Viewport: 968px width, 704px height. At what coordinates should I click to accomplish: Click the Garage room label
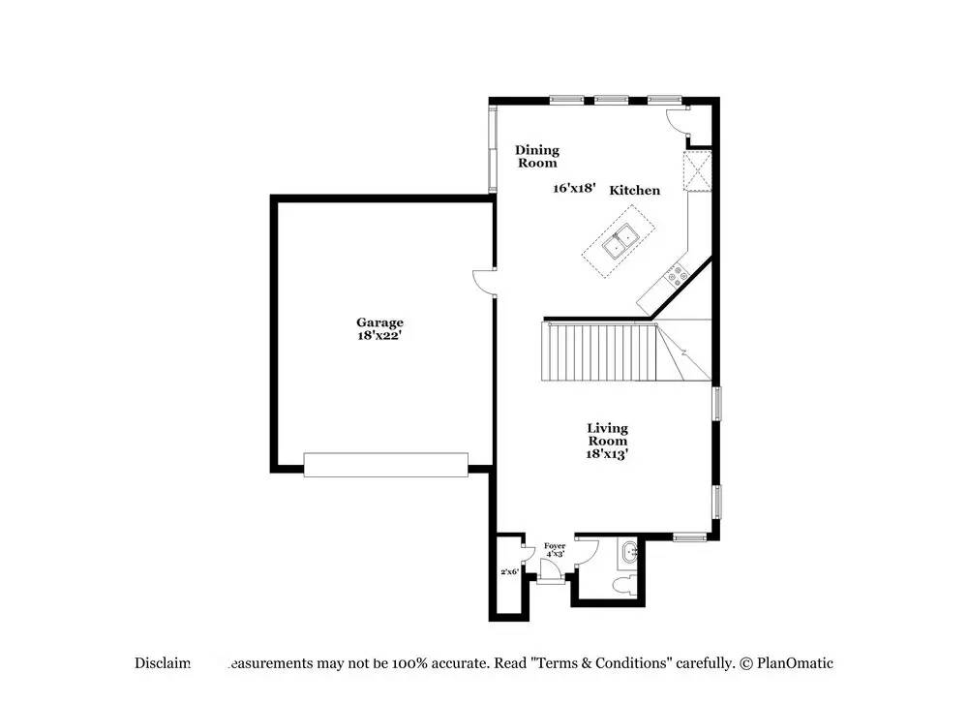379,322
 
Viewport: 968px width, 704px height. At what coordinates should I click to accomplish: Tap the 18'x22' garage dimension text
379,335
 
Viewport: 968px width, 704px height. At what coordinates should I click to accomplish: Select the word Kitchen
634,191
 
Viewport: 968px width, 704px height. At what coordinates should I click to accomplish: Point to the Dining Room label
536,156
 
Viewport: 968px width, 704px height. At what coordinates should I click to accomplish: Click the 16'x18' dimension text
574,189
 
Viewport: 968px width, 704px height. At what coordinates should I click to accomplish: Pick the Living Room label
607,434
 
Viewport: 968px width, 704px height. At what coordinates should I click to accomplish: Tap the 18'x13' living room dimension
607,453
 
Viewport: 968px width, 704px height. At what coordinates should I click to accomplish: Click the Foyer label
554,546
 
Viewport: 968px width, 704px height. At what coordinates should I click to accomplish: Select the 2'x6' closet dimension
509,572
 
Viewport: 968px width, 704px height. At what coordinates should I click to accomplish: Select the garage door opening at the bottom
385,465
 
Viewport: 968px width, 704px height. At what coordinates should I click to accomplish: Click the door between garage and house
484,281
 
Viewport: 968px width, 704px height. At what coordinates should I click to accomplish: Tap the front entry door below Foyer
551,579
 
